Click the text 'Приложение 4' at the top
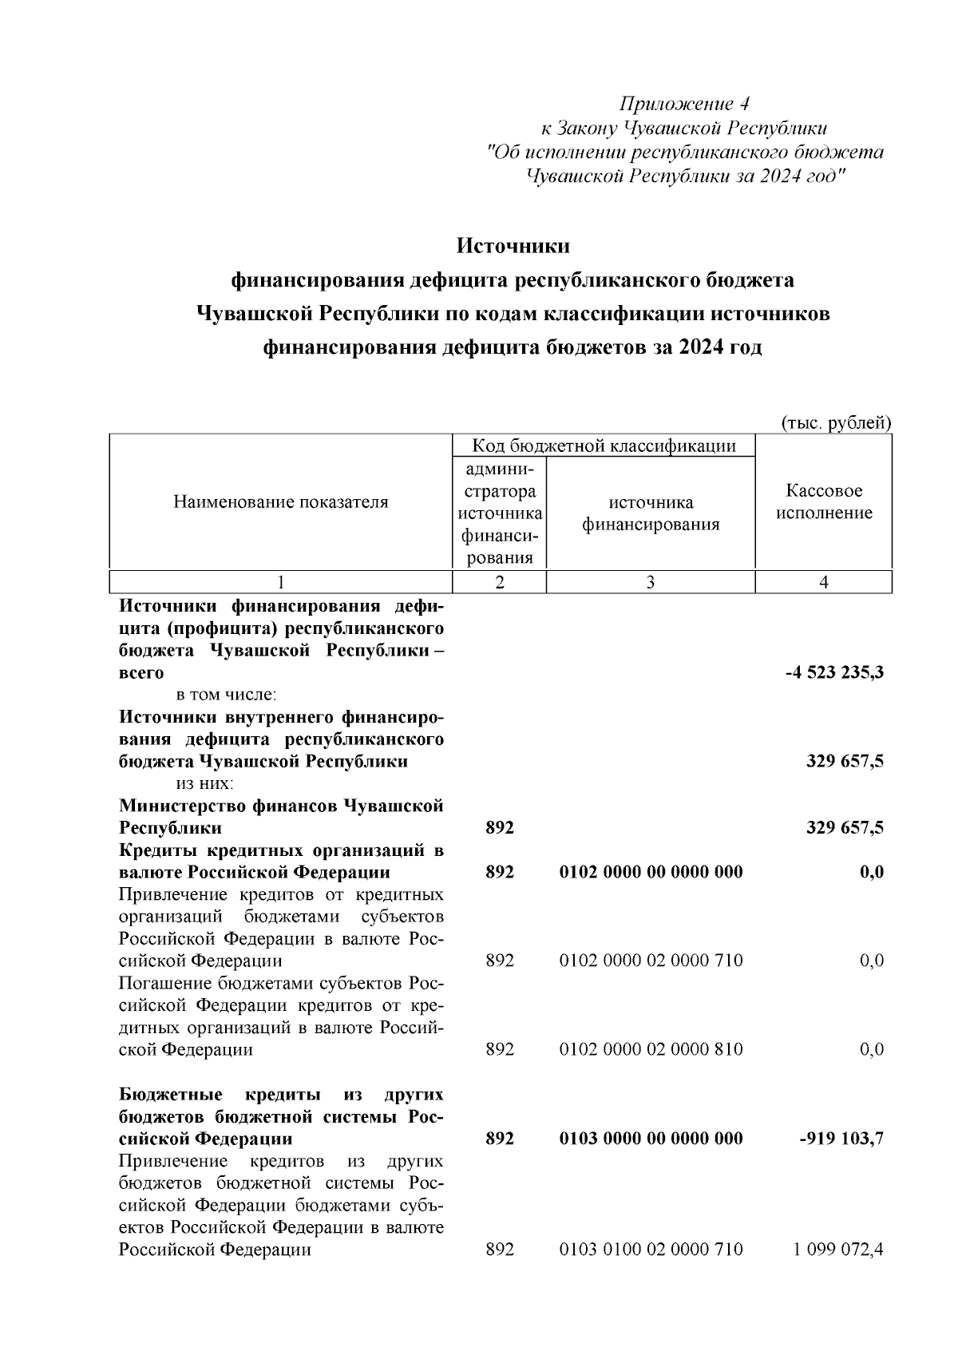[x=685, y=104]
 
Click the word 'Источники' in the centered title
[x=513, y=246]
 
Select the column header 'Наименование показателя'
[x=281, y=502]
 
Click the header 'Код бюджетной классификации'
[x=604, y=446]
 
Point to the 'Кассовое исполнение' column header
[x=824, y=502]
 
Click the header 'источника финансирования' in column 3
[x=651, y=513]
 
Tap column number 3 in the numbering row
[x=651, y=583]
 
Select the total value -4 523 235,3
[x=834, y=673]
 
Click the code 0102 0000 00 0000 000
[x=651, y=872]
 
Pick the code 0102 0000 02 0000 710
[x=651, y=961]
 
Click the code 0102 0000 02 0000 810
[x=651, y=1049]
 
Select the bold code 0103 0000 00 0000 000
[x=651, y=1138]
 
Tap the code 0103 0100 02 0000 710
[x=651, y=1249]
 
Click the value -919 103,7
[x=841, y=1138]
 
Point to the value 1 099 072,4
[x=837, y=1249]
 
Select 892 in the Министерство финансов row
[x=500, y=828]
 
